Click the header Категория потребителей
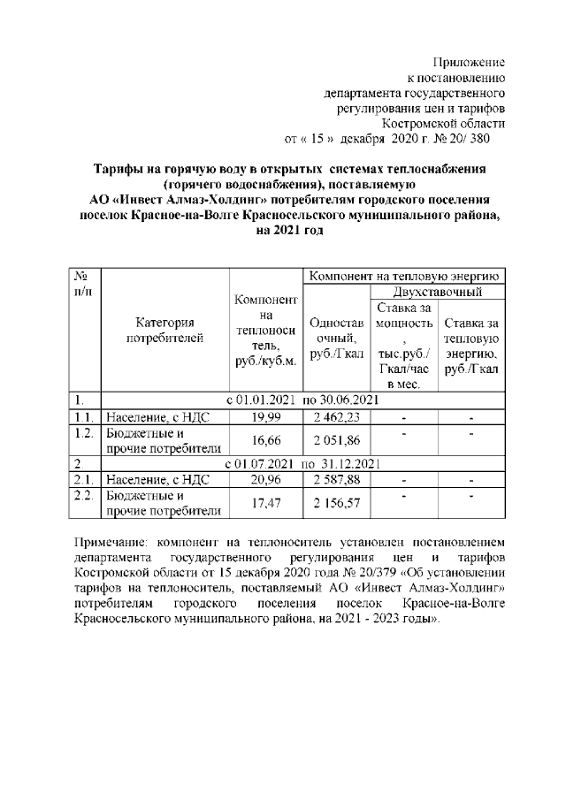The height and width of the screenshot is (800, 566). click(x=164, y=329)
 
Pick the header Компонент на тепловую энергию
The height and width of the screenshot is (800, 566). click(x=403, y=275)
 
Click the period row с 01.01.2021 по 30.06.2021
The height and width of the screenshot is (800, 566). click(x=302, y=400)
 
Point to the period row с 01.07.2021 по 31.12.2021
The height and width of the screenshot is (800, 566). click(x=302, y=463)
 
